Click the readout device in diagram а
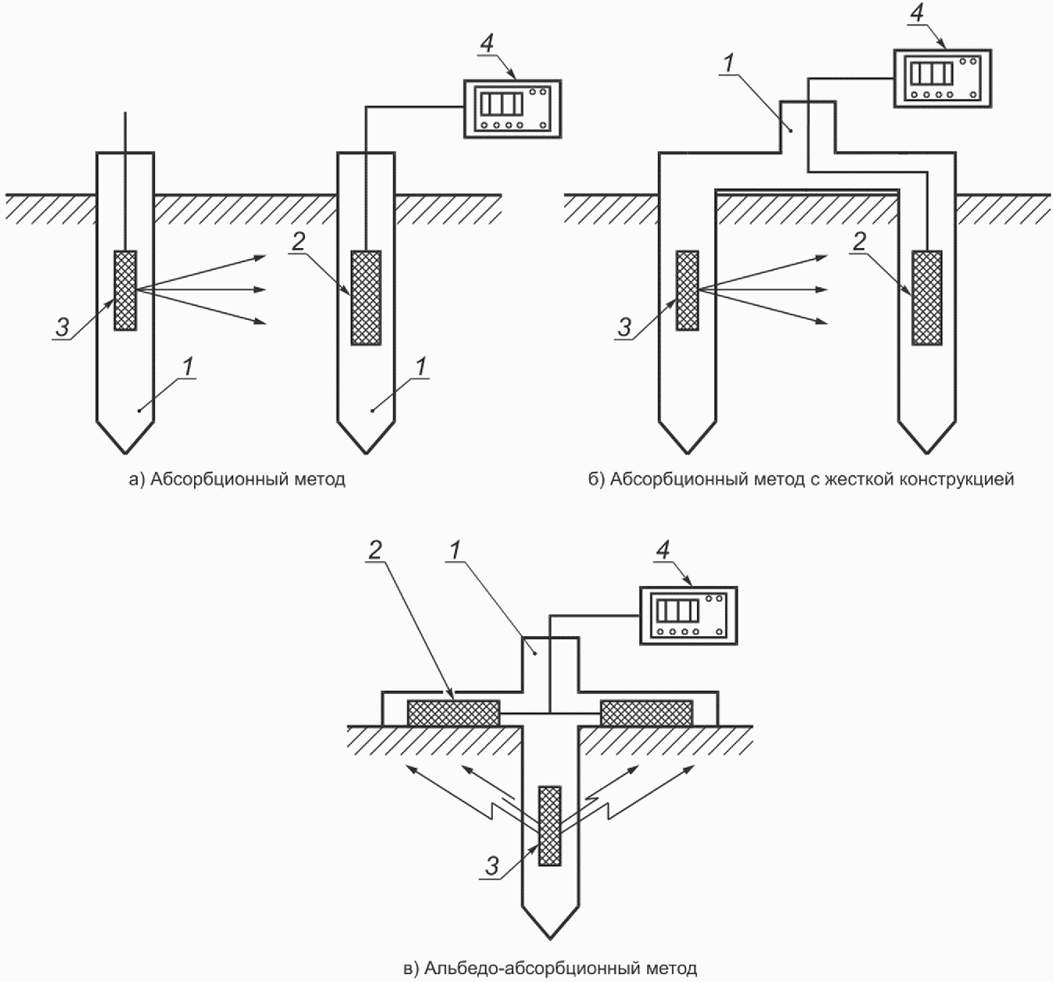pyautogui.click(x=512, y=110)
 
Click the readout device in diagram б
pyautogui.click(x=943, y=78)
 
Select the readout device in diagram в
pyautogui.click(x=688, y=615)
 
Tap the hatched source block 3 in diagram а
pyautogui.click(x=125, y=291)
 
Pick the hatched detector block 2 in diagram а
pyautogui.click(x=366, y=297)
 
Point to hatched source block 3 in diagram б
pyautogui.click(x=687, y=291)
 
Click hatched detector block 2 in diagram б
pyautogui.click(x=927, y=297)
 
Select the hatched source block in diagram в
pyautogui.click(x=550, y=826)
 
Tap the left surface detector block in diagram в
pyautogui.click(x=453, y=713)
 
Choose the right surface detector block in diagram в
pyautogui.click(x=646, y=713)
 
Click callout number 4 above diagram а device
pyautogui.click(x=487, y=44)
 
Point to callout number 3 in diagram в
pyautogui.click(x=492, y=866)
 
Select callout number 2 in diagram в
pyautogui.click(x=375, y=551)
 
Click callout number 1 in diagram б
pyautogui.click(x=729, y=63)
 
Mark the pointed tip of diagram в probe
pyautogui.click(x=550, y=939)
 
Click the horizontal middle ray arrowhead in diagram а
pyautogui.click(x=260, y=290)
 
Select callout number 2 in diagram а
pyautogui.click(x=299, y=242)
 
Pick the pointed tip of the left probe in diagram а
pyautogui.click(x=126, y=454)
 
